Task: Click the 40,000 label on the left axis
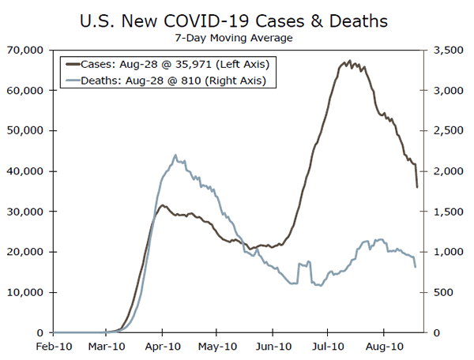(28, 171)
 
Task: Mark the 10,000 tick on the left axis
(28, 292)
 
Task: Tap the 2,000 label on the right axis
(443, 171)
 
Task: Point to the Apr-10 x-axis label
(162, 346)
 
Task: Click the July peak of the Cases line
(349, 61)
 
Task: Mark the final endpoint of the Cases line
(416, 187)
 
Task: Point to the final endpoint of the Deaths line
(416, 267)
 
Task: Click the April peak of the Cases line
(163, 205)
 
